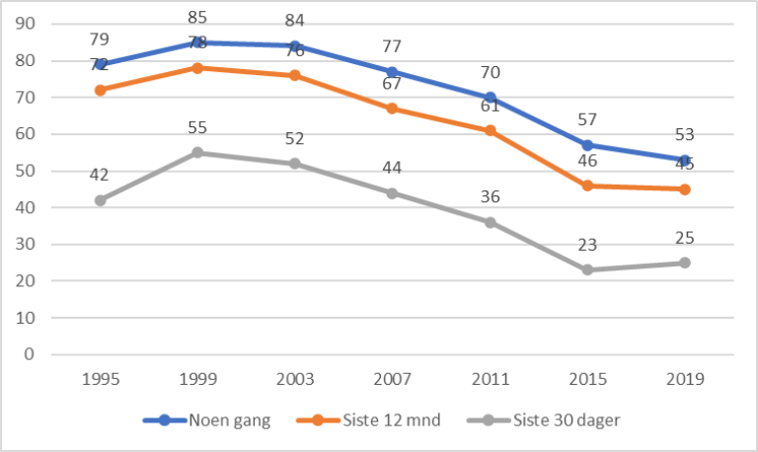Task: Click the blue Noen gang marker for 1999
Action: (x=197, y=42)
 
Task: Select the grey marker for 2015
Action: (x=588, y=269)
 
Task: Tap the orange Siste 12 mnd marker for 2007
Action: (x=392, y=109)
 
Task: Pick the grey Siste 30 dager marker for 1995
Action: (x=100, y=200)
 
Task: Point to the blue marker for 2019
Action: (x=686, y=160)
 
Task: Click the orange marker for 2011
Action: (x=490, y=130)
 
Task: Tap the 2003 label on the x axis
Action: (x=294, y=380)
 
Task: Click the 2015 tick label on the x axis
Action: (x=588, y=380)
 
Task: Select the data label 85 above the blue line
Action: (x=197, y=17)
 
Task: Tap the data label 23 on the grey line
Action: (x=588, y=245)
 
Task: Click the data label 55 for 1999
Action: (x=197, y=127)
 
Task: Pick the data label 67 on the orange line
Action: (x=392, y=83)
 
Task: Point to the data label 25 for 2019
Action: (x=686, y=238)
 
